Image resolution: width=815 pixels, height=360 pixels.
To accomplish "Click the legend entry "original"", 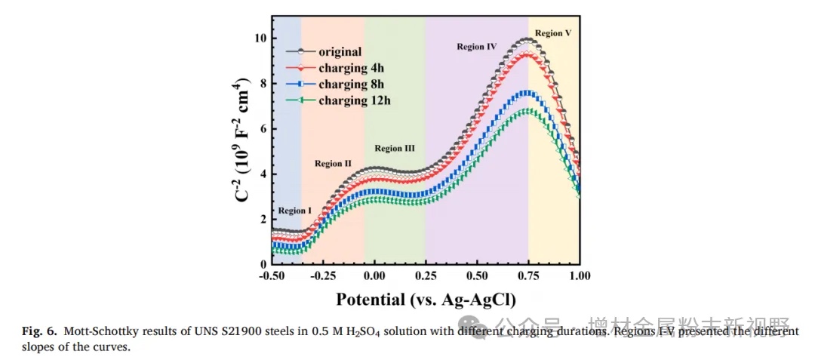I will coord(340,52).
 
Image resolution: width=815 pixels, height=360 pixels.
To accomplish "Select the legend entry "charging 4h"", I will coord(351,68).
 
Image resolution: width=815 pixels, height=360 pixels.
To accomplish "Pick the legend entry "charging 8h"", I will coord(351,84).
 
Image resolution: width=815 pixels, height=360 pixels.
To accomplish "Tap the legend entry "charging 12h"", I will coord(354,100).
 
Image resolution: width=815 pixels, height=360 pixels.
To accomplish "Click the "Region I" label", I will coord(294,211).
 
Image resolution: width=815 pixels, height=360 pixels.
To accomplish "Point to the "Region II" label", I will coord(333,163).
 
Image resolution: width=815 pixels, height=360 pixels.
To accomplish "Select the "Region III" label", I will coord(394,149).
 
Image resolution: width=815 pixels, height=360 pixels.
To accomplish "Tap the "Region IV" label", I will coord(476,47).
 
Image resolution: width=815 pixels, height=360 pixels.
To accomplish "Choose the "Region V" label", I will coord(553,33).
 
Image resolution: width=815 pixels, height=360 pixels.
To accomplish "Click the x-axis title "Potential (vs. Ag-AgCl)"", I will coord(426,299).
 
